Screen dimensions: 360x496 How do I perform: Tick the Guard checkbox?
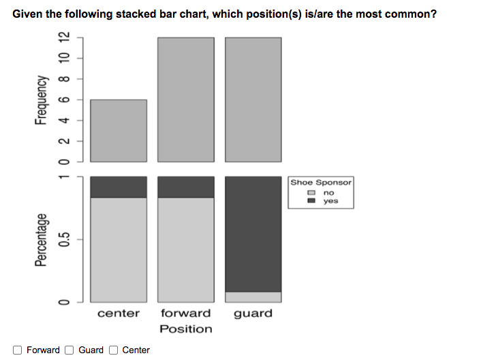point(69,350)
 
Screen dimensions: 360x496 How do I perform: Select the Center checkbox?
point(114,350)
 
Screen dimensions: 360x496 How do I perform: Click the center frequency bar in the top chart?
point(119,130)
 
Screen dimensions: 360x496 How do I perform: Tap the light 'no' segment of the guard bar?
point(253,297)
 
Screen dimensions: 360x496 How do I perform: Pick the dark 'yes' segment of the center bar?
point(119,187)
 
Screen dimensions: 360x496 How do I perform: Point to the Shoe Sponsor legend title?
point(321,183)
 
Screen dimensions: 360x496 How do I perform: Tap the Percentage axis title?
point(42,239)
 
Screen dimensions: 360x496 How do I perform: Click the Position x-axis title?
point(186,329)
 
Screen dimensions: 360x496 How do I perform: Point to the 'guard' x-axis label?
point(253,314)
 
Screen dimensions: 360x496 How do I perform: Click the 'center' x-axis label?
point(119,314)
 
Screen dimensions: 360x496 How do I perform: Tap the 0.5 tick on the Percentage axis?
point(64,240)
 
